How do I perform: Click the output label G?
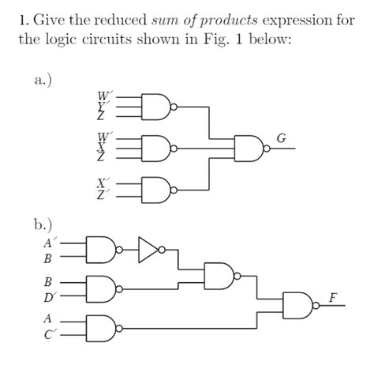(282, 139)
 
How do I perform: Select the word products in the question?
(237, 19)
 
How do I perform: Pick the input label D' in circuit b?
(48, 297)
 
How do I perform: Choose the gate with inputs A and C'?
(104, 326)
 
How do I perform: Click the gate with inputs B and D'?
(104, 288)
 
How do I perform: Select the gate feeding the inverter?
(104, 250)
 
